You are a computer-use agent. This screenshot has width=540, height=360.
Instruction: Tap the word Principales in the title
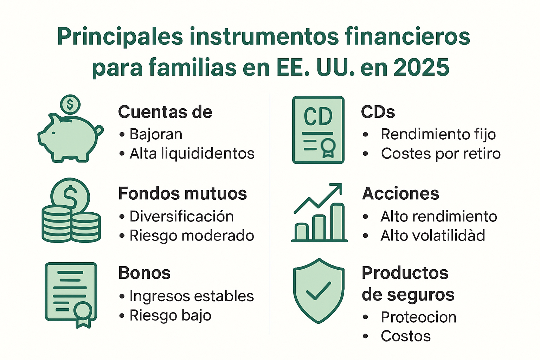click(x=120, y=37)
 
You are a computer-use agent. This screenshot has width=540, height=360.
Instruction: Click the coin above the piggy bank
click(x=70, y=104)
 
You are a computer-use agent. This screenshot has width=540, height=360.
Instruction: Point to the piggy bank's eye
click(x=53, y=133)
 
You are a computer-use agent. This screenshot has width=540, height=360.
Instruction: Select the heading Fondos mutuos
click(x=182, y=193)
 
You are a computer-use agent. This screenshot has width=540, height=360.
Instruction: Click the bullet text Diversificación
click(x=181, y=216)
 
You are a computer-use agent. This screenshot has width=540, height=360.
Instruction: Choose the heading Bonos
click(x=144, y=273)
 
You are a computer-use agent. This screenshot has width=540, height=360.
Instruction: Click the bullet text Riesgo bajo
click(x=170, y=315)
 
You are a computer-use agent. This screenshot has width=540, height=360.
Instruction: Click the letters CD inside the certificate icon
click(x=318, y=117)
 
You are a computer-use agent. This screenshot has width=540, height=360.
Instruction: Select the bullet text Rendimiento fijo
click(x=438, y=134)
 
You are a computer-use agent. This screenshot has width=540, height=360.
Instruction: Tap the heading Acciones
click(x=400, y=193)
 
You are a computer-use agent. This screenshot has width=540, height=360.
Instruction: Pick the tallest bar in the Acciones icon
click(x=337, y=221)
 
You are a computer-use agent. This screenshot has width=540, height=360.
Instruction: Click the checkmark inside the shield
click(x=318, y=291)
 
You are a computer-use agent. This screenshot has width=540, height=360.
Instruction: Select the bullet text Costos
click(x=406, y=336)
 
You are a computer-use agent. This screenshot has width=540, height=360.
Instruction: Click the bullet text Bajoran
click(x=156, y=134)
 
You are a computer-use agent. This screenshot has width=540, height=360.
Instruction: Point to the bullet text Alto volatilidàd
click(x=433, y=235)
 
